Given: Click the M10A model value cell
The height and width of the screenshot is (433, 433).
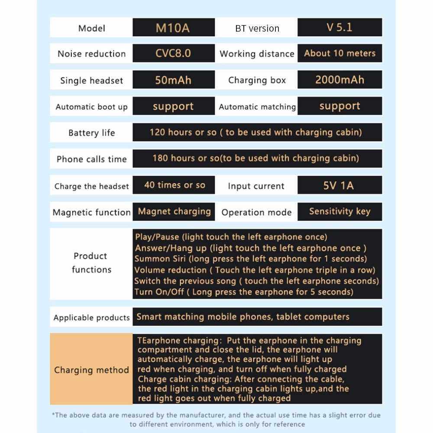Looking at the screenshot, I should click(173, 28).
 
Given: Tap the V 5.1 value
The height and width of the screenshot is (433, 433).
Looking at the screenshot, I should click(339, 27).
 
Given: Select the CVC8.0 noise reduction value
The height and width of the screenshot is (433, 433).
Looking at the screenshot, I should click(173, 54).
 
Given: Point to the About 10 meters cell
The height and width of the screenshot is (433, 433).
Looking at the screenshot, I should click(339, 54).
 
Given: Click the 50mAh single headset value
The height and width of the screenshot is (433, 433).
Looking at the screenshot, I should click(173, 80).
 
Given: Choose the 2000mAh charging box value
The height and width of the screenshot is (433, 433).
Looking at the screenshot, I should click(339, 80).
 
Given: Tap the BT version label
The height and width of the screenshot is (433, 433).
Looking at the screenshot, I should click(257, 29).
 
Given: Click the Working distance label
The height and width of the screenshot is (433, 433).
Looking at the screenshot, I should click(257, 54).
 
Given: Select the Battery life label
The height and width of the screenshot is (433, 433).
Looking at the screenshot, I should click(91, 133).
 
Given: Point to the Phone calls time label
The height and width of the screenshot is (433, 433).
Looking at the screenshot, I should click(91, 159).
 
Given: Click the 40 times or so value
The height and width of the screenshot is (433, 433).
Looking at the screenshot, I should click(174, 185).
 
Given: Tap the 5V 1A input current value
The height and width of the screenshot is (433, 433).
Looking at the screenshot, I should click(339, 186).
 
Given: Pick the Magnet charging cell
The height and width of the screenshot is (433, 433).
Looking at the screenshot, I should click(174, 212).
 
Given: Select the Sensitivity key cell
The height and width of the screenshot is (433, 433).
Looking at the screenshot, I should click(339, 212).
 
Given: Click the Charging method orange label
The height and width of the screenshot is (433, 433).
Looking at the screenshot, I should click(91, 370).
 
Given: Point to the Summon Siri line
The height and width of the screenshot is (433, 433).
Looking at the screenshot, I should click(251, 259).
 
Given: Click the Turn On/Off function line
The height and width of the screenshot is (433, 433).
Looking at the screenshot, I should click(243, 292).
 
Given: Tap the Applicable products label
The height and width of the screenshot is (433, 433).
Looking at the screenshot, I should click(91, 317).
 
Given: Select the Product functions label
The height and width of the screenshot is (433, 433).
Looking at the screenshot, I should click(91, 263).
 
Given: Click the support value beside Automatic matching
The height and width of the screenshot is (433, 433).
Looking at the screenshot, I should click(339, 107).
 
